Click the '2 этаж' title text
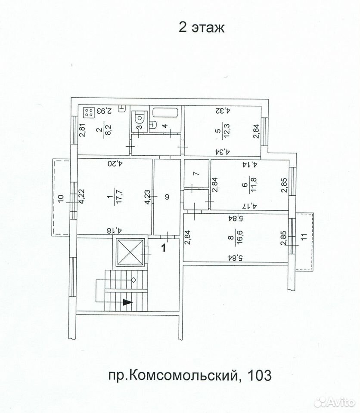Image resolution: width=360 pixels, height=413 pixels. tap(202, 28)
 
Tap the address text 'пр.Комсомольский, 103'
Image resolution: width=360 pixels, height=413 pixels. tap(190, 375)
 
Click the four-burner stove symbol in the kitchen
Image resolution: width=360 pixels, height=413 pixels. tap(89, 112)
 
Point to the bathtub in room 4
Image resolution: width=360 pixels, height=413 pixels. tap(166, 112)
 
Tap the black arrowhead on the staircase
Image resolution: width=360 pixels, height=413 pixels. tap(127, 302)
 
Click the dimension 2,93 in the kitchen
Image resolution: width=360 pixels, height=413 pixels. tap(104, 111)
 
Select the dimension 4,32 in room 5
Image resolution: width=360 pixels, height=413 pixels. tap(223, 111)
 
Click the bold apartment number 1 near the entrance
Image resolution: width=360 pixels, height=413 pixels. tap(164, 248)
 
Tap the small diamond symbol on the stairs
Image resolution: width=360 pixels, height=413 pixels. tap(133, 280)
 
